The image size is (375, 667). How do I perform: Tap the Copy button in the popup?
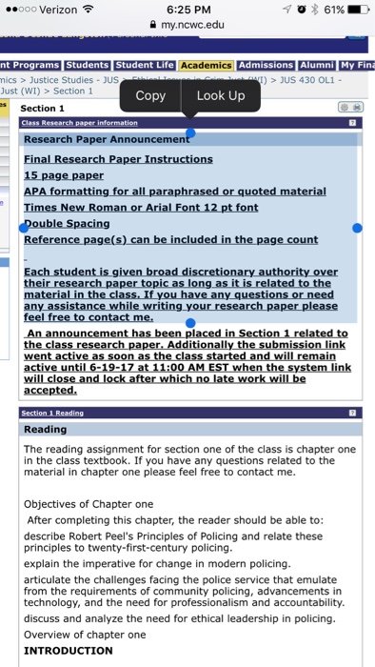coord(150,95)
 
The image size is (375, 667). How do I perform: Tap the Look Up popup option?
coord(221,95)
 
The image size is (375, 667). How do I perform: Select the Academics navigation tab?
coord(207,65)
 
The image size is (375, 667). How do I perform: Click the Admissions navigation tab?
coord(266,65)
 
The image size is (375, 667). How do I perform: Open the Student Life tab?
coord(145,65)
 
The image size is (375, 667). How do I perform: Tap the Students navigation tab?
coord(88,65)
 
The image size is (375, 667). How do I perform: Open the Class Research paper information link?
coord(79,123)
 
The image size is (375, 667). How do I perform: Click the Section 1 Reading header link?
coord(52,414)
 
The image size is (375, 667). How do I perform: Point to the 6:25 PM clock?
coord(187,10)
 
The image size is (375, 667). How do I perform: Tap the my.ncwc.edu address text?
coord(193,26)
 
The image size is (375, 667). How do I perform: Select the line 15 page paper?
coord(64,175)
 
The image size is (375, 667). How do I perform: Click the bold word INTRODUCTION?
coord(68,651)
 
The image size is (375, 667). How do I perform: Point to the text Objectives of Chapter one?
coord(89,504)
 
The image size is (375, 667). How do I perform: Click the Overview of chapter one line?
coord(85,634)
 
